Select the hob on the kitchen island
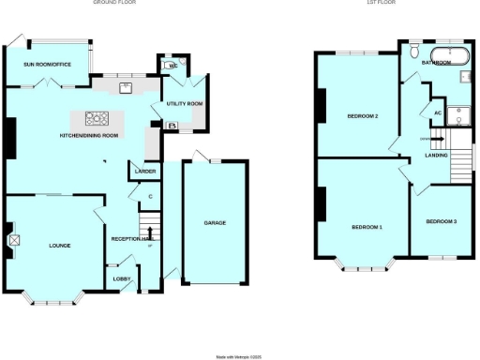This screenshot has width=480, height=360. [97, 118]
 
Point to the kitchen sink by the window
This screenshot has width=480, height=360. [125, 88]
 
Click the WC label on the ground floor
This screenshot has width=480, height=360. [173, 66]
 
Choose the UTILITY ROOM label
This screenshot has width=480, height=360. [183, 103]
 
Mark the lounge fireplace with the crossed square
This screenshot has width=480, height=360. [14, 240]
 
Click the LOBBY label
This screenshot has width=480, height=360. [122, 278]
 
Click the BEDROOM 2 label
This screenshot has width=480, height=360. [362, 116]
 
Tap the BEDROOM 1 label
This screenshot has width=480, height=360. [367, 228]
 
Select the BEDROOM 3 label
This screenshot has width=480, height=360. [441, 222]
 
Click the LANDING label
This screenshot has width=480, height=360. [436, 156]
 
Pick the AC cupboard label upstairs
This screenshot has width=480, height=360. [436, 112]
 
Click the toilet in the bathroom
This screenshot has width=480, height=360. [414, 52]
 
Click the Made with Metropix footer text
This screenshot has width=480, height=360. [240, 355]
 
